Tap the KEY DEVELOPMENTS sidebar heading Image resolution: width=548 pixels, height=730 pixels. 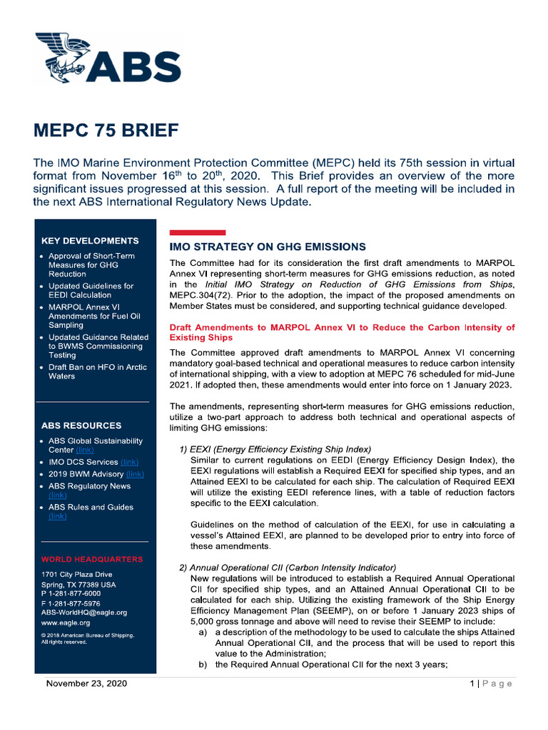point(90,241)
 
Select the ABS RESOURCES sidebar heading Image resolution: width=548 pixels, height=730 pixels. point(81,426)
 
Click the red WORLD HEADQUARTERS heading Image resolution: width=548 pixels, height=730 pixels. point(92,560)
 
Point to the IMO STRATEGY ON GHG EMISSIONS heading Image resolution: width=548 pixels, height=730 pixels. point(268,247)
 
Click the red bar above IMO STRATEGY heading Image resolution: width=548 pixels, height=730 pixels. point(197,232)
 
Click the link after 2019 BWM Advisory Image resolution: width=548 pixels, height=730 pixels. point(135,474)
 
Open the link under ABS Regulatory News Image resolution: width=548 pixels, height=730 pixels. point(57,495)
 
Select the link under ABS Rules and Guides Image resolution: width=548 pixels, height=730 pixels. point(57,516)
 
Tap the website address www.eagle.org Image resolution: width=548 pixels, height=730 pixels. point(66,622)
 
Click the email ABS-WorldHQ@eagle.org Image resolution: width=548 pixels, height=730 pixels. point(84,612)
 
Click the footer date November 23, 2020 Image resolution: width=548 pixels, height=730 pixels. point(86,684)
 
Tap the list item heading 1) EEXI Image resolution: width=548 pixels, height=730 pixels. point(275,449)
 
